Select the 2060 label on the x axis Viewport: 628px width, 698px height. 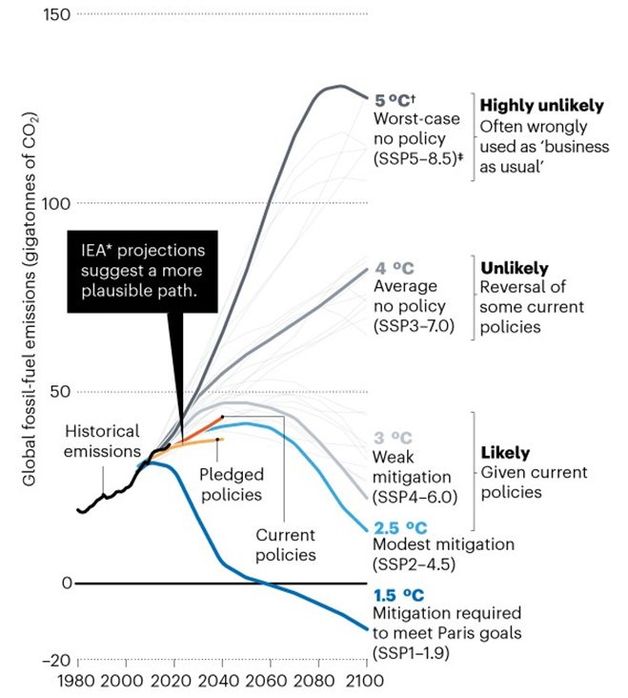pyautogui.click(x=271, y=682)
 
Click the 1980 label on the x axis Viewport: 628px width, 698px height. pyautogui.click(x=76, y=682)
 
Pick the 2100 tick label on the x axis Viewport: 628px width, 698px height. pyautogui.click(x=366, y=682)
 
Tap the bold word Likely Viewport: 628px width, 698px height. pyautogui.click(x=505, y=453)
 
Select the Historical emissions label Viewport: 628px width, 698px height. pyautogui.click(x=102, y=441)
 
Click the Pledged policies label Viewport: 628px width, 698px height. pyautogui.click(x=231, y=483)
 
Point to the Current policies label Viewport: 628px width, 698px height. pyautogui.click(x=286, y=544)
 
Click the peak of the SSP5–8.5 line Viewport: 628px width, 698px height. pyautogui.click(x=338, y=86)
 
